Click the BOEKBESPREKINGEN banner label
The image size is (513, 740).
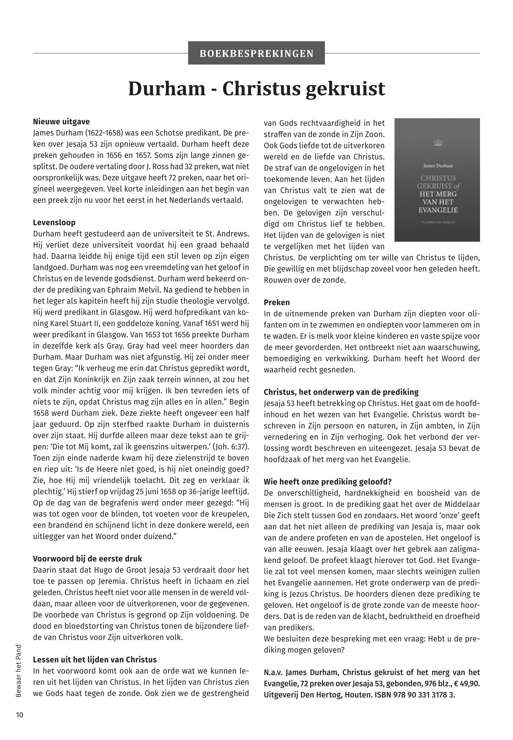[x=256, y=53]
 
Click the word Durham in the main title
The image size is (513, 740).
[x=167, y=89]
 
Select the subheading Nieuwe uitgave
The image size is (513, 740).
[x=61, y=122]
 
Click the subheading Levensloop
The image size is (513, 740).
[x=54, y=223]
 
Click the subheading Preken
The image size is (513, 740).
[x=277, y=302]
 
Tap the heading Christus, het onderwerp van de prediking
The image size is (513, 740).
[x=341, y=392]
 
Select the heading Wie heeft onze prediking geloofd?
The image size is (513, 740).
[x=328, y=482]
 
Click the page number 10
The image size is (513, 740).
[x=20, y=715]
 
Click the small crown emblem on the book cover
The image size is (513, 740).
[x=438, y=142]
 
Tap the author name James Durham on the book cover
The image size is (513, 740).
[x=438, y=166]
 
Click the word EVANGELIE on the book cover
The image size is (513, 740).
[x=438, y=210]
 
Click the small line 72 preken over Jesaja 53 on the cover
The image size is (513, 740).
[x=438, y=222]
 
